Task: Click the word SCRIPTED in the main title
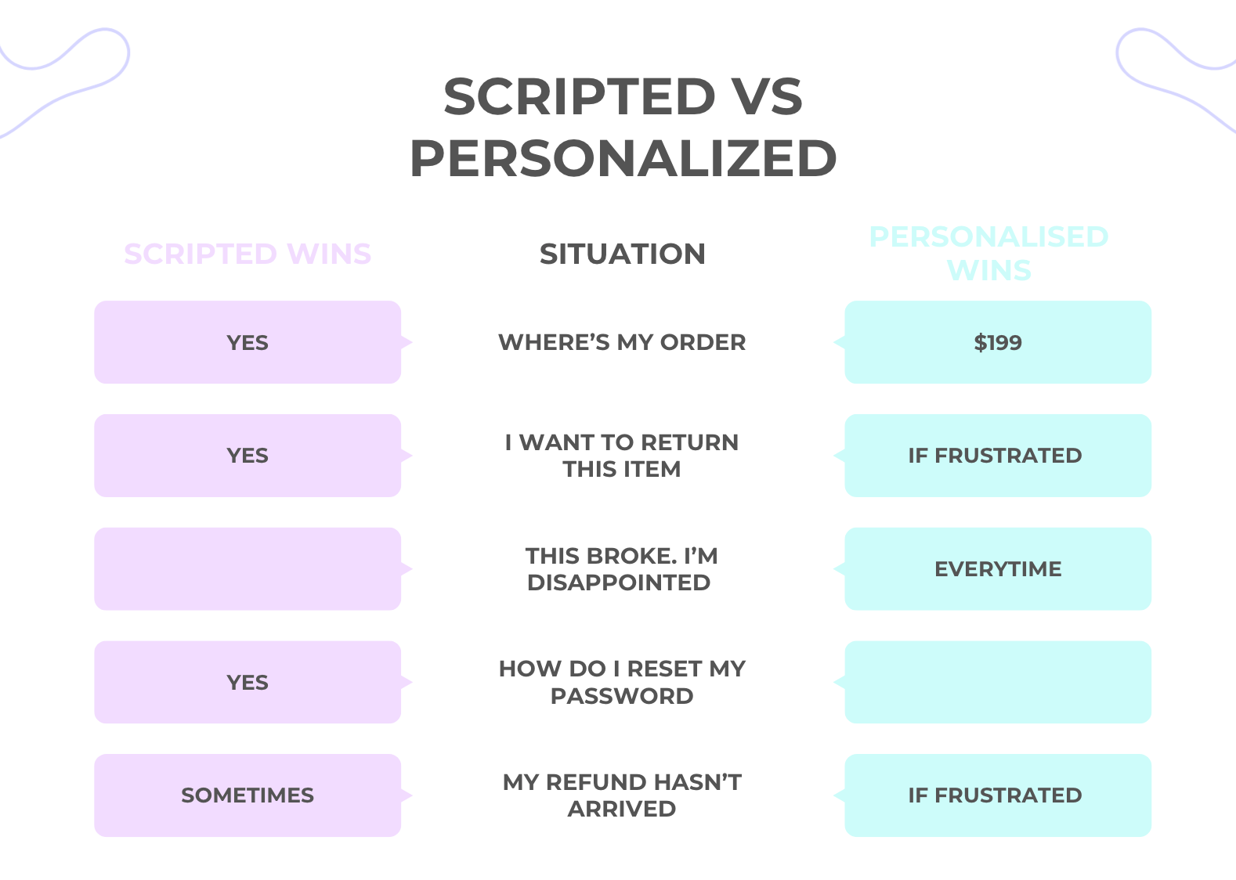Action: tap(580, 96)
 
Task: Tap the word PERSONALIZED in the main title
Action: tap(623, 158)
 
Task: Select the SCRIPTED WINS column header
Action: tap(248, 254)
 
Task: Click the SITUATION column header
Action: tap(623, 254)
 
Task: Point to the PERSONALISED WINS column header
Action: tap(988, 253)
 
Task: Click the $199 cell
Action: tap(998, 342)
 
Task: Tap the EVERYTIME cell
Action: tap(998, 569)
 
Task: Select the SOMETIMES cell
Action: tap(248, 795)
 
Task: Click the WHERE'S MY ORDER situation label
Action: tap(622, 342)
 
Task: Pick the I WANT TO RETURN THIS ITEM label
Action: tap(622, 456)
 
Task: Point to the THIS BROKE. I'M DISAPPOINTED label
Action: tap(621, 569)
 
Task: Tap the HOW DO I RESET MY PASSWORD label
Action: tap(622, 682)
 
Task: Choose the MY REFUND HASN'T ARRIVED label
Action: tap(622, 795)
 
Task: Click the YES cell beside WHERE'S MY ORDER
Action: tap(248, 342)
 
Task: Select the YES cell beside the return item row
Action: tap(248, 456)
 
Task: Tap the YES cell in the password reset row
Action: tap(248, 682)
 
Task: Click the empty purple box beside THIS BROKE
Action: tap(248, 569)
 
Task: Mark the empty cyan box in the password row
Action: tap(998, 682)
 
